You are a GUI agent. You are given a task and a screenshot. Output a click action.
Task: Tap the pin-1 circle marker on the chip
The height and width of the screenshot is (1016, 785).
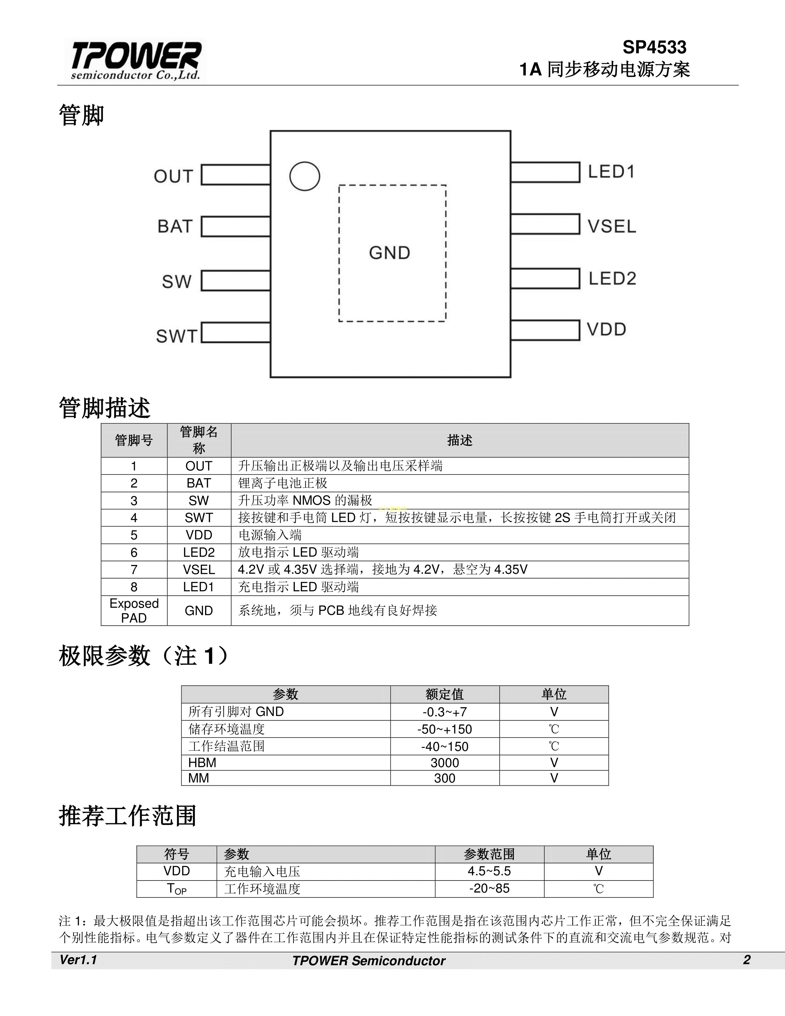pos(304,176)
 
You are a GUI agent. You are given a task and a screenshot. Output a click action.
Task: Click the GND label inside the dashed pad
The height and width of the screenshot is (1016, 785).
pos(390,253)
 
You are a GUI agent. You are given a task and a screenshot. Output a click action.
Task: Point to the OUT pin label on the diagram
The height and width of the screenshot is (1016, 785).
pos(173,176)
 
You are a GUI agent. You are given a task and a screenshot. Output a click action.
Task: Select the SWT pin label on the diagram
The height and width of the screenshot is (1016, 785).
pos(177,336)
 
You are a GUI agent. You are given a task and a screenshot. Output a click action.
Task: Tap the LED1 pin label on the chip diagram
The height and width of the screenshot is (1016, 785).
pos(611,172)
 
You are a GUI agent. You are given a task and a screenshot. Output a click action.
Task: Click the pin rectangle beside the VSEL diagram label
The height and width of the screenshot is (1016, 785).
pos(545,224)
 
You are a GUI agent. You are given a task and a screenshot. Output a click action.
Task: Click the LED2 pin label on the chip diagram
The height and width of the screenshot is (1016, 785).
pos(612,279)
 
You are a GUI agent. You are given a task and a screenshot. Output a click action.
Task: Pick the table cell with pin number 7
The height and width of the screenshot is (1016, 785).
pos(134,569)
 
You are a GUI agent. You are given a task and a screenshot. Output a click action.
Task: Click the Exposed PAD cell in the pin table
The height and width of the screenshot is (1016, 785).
pos(134,610)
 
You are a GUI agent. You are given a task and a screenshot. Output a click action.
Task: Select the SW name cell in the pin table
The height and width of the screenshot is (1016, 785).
pos(199,501)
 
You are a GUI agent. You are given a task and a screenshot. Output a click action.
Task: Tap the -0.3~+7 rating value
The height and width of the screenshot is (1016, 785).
pos(445,712)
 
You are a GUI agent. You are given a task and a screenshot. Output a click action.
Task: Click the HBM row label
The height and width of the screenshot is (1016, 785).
pos(202,763)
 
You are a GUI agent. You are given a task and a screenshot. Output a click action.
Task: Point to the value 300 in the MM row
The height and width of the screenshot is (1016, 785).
pos(445,778)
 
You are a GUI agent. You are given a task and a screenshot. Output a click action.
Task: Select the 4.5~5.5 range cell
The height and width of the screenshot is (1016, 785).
pos(489,871)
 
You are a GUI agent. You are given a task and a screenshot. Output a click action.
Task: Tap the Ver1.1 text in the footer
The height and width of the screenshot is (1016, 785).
pos(78,960)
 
